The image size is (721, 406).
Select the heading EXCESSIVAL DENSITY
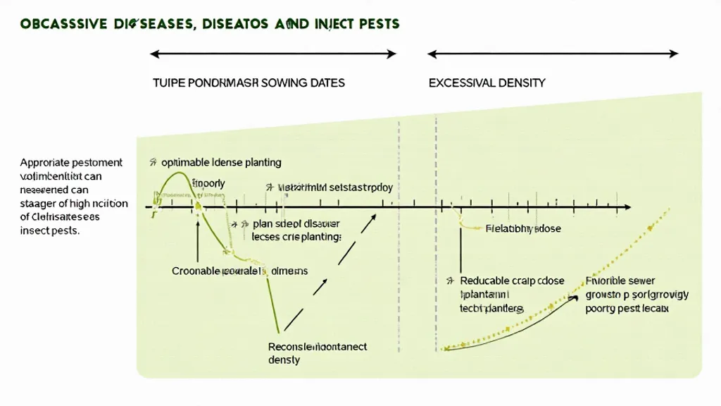pos(487,83)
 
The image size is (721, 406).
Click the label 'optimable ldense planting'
pos(221,163)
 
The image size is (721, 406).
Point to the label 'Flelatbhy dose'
pos(524,229)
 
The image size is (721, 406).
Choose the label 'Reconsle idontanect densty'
pos(318,353)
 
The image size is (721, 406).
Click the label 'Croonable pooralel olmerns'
pos(239,271)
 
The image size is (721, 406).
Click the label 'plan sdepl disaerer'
pos(296,224)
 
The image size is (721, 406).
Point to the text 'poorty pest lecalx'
pos(627,309)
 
